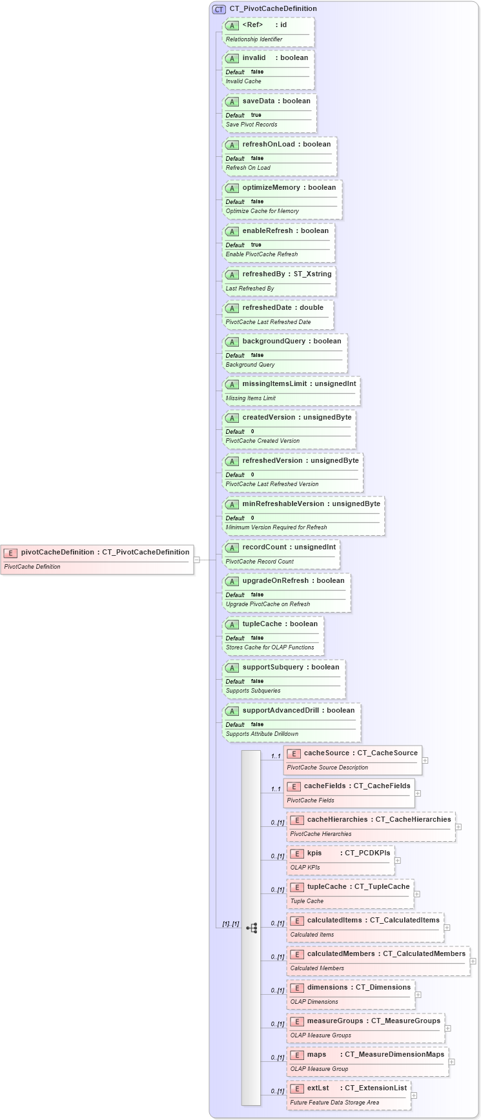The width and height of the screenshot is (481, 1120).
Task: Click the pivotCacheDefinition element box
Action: [x=97, y=559]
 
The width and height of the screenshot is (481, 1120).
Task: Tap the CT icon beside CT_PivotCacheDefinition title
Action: [x=219, y=9]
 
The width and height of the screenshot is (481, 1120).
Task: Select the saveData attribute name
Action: [x=258, y=101]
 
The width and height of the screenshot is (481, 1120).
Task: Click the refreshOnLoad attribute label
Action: [x=269, y=144]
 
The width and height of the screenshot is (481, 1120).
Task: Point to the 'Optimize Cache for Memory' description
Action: [x=262, y=211]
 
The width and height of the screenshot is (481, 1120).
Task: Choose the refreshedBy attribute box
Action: [x=279, y=281]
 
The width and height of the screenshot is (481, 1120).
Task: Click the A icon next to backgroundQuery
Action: [x=232, y=341]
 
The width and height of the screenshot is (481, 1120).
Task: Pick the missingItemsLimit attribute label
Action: [x=274, y=383]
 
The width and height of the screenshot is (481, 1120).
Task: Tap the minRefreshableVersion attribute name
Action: [x=285, y=504]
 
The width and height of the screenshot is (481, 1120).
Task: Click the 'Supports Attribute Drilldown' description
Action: [x=262, y=734]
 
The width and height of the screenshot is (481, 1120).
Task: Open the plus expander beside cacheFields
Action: [x=418, y=793]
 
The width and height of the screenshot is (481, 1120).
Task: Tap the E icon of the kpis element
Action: [x=297, y=853]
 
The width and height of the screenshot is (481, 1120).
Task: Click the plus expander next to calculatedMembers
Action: [x=473, y=961]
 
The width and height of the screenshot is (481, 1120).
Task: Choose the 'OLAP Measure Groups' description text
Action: [x=321, y=1035]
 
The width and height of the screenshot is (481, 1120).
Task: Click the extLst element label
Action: [x=318, y=1088]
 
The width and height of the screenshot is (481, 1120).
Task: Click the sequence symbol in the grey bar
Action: [x=252, y=928]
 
